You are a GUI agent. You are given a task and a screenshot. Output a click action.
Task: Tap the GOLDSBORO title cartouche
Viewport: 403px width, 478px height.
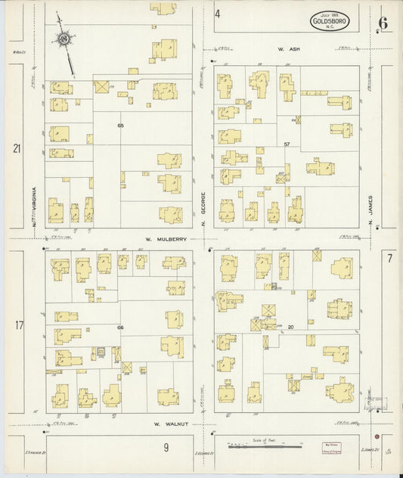[330, 21]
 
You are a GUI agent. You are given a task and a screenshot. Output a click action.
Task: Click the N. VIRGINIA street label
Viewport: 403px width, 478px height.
[35, 202]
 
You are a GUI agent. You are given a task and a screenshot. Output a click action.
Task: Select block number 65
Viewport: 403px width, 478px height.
[119, 125]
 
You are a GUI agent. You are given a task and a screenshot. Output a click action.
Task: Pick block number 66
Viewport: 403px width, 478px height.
[120, 327]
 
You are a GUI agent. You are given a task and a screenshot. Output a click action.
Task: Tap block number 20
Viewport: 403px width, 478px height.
[290, 327]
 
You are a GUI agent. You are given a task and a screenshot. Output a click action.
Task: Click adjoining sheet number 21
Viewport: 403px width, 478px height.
[17, 148]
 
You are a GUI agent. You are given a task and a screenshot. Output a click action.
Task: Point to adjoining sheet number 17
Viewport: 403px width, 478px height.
[19, 326]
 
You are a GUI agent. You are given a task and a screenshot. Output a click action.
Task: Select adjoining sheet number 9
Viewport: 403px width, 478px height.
[165, 448]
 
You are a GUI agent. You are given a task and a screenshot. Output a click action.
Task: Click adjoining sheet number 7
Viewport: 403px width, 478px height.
[389, 259]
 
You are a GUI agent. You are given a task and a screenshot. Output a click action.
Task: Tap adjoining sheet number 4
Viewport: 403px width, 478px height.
[217, 14]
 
